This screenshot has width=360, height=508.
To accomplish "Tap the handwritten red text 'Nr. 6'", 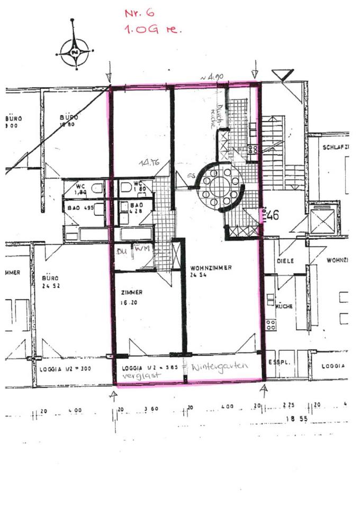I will (x=139, y=13).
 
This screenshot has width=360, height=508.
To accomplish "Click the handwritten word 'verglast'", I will (x=137, y=375).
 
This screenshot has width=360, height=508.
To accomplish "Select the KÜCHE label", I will (x=284, y=306).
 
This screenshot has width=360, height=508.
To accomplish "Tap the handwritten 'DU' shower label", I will (x=122, y=251).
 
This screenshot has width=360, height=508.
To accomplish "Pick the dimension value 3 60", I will (x=151, y=410).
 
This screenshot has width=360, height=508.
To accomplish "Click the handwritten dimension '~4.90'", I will (x=212, y=77).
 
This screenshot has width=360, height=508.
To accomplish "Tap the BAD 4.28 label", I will (x=137, y=208).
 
